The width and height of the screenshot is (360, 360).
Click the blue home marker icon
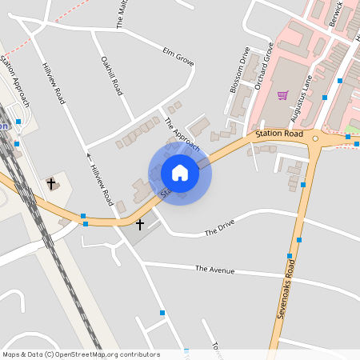[180, 172]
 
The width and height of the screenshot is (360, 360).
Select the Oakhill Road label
[110, 76]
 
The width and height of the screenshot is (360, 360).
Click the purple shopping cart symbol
[282, 95]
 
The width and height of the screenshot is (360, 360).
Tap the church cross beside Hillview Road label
[140, 225]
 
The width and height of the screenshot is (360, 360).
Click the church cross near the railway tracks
[52, 183]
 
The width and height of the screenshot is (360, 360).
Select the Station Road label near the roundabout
[279, 134]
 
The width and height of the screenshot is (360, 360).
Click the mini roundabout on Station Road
[316, 138]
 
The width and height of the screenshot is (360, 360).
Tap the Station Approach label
[14, 81]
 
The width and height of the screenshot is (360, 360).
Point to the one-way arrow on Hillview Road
[90, 156]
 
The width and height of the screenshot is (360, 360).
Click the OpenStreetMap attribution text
[81, 354]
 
